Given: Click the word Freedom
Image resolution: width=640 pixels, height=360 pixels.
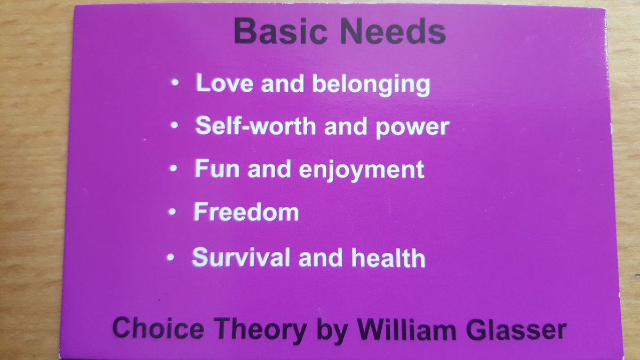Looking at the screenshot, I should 246,212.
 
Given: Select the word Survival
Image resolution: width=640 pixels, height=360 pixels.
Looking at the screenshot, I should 241,257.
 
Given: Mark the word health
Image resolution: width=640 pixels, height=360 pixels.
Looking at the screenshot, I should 389,258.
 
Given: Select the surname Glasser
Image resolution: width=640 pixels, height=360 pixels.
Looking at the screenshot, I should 515,330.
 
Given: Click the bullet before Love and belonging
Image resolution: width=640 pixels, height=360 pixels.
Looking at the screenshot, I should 175,83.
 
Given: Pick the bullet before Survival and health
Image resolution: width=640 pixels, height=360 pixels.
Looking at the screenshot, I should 170,257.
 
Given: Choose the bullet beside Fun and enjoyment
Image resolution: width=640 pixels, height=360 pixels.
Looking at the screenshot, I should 173,169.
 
